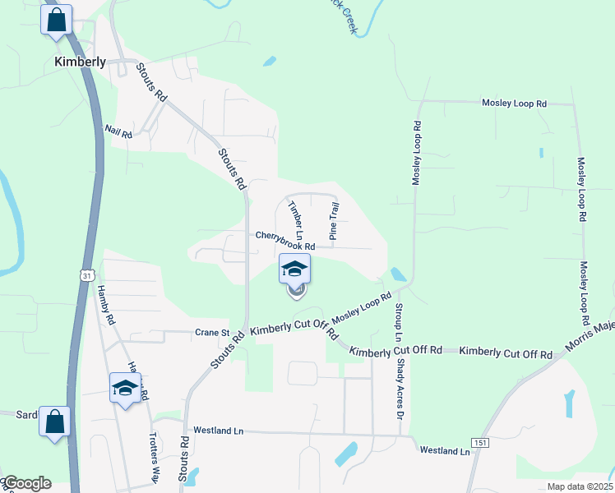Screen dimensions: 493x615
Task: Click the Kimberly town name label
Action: click(80, 62)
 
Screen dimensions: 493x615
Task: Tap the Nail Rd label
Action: click(118, 131)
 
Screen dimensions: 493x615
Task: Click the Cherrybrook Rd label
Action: click(285, 240)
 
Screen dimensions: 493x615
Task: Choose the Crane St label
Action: click(212, 333)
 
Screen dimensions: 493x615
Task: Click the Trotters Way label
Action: click(154, 457)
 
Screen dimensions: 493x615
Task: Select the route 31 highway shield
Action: click(87, 275)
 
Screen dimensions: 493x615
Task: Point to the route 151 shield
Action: click(482, 443)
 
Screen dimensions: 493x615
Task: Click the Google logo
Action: click(26, 483)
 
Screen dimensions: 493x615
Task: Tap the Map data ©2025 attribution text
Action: click(580, 486)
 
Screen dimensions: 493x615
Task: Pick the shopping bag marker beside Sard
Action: click(54, 422)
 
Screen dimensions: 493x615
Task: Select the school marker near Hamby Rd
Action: click(125, 388)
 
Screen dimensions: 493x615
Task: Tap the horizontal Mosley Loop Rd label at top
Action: click(514, 104)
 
